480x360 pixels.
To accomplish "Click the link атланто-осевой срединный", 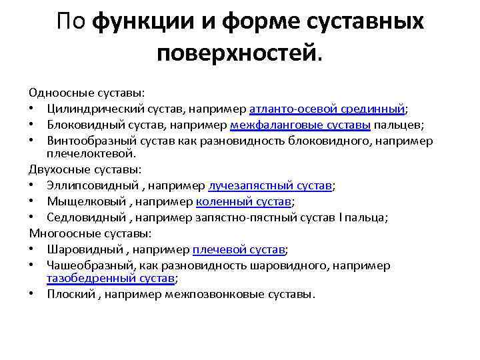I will point(327,109).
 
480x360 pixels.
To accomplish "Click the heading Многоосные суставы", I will point(91,233).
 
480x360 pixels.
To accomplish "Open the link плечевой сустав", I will point(239,249).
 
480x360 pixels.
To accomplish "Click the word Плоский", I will point(71,294).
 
